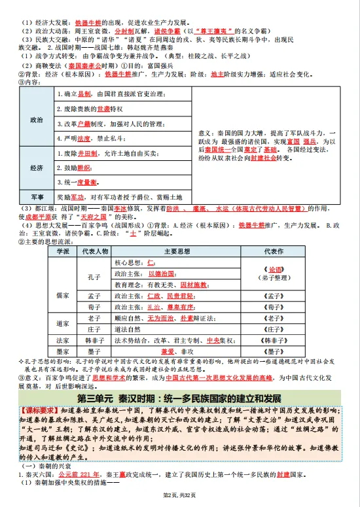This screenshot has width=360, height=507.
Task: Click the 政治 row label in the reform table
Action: [x=37, y=120]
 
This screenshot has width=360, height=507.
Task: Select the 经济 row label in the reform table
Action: [x=37, y=167]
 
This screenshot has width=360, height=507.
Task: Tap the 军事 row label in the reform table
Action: [x=37, y=196]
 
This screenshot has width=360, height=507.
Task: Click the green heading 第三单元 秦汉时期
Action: [x=179, y=398]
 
